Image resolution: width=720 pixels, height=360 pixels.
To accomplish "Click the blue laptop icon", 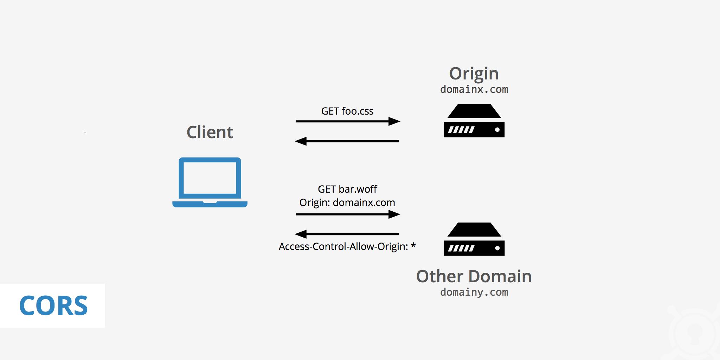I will [x=210, y=182].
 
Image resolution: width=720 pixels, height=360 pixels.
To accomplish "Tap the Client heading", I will [x=210, y=133].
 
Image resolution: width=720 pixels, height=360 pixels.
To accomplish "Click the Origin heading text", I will [x=474, y=74].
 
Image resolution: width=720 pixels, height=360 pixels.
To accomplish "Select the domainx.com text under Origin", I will [x=474, y=89].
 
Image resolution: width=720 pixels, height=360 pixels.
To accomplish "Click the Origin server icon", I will [x=474, y=121].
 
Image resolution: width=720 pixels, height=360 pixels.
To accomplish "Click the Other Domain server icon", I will [x=474, y=240].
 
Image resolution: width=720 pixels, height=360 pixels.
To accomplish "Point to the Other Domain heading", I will [x=474, y=276].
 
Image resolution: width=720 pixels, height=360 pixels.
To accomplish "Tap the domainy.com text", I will [x=474, y=292].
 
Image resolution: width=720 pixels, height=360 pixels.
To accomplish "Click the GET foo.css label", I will [x=347, y=111].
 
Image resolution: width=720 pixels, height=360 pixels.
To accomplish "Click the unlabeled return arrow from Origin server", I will [x=347, y=141].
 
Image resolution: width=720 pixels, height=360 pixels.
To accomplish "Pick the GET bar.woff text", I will [x=347, y=189].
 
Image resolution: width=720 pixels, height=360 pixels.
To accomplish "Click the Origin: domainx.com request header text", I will [x=347, y=202].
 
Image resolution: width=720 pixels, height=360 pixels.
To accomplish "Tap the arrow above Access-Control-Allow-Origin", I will [x=347, y=234].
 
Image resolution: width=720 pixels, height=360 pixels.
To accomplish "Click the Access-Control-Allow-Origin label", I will [x=343, y=246].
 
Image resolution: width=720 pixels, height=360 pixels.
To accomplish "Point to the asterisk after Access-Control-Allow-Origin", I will [x=413, y=245].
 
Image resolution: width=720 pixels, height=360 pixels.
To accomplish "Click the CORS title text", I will [x=53, y=306].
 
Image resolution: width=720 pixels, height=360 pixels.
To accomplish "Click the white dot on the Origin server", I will [x=497, y=130].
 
